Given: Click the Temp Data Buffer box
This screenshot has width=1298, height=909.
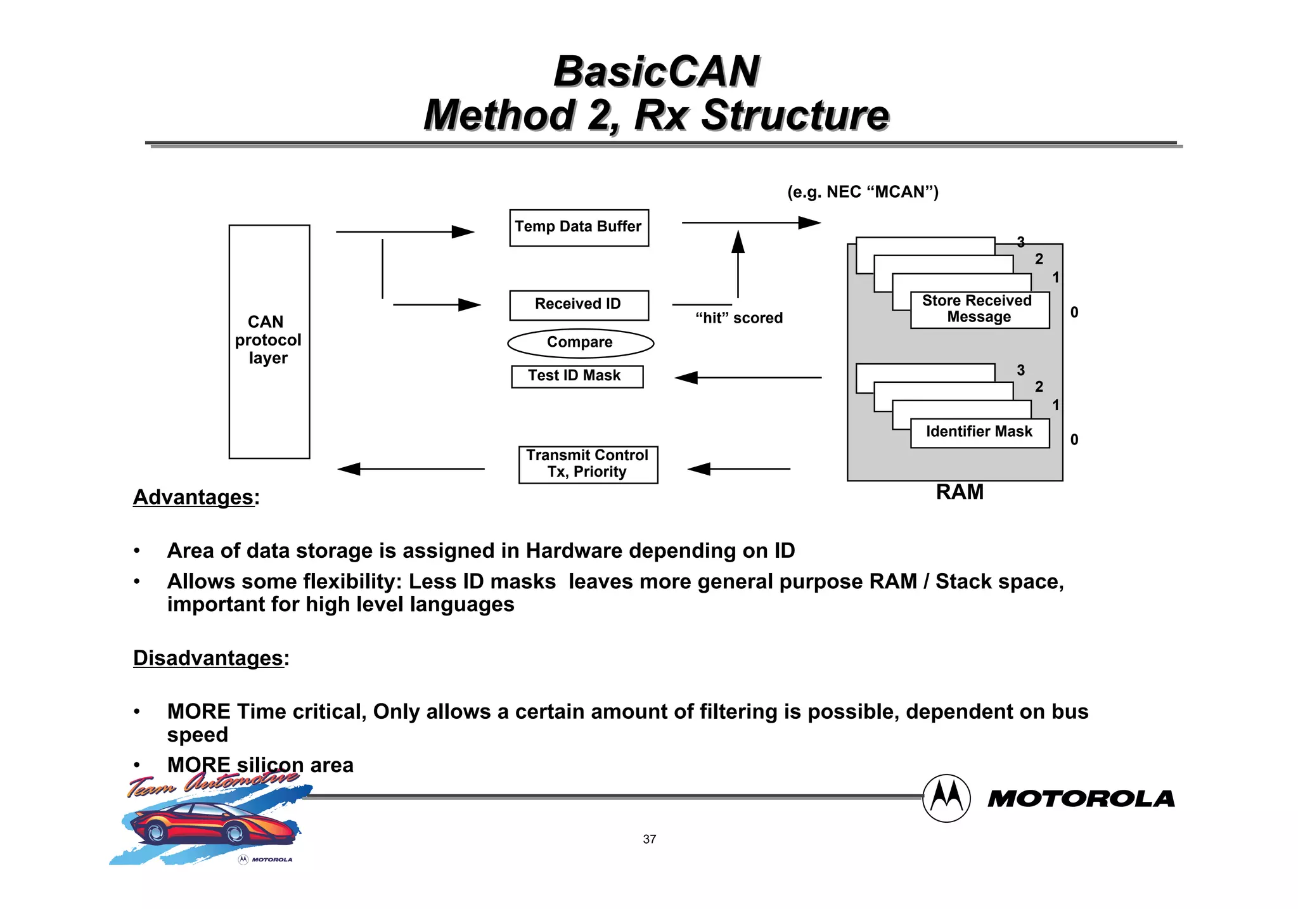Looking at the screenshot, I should tap(579, 228).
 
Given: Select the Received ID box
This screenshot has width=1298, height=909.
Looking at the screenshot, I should tap(579, 305).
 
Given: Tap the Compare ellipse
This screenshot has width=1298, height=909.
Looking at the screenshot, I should tap(580, 343).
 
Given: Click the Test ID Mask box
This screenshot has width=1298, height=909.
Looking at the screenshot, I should tap(577, 376).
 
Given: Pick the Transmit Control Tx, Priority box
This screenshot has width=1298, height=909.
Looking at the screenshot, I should tap(588, 465).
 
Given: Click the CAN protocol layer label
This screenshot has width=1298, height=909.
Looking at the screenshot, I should tap(268, 340).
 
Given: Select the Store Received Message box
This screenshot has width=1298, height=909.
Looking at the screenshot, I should tap(979, 309).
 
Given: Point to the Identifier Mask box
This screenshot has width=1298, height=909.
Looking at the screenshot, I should tap(979, 433).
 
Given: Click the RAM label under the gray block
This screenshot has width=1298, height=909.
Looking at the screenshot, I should tap(960, 493).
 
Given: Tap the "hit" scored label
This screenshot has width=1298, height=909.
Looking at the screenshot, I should tap(739, 318).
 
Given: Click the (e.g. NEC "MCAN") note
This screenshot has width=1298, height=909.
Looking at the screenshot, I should tap(863, 192).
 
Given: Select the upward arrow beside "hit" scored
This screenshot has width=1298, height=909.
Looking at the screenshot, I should tap(738, 263).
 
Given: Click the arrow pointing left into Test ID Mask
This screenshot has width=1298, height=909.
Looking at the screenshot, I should tap(748, 378).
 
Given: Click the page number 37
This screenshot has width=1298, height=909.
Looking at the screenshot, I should tap(649, 839).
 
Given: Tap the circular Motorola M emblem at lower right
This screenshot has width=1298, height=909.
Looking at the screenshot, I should tap(946, 798).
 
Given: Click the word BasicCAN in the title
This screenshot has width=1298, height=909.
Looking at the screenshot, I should tap(656, 72).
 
